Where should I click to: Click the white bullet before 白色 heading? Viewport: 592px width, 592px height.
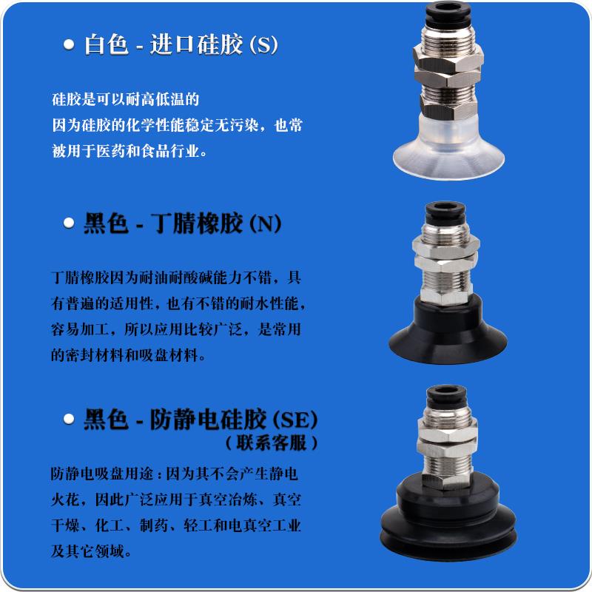pos(69,46)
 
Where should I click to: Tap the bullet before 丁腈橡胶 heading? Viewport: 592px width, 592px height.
pos(69,223)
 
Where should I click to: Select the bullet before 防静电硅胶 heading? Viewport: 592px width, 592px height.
pos(69,420)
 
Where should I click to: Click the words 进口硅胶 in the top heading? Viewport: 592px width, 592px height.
pos(196,45)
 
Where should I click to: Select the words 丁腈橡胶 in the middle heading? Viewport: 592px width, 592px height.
pos(196,223)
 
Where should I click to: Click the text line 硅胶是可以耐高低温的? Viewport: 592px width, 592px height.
pos(126,98)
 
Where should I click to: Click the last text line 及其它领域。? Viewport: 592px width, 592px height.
pos(92,551)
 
